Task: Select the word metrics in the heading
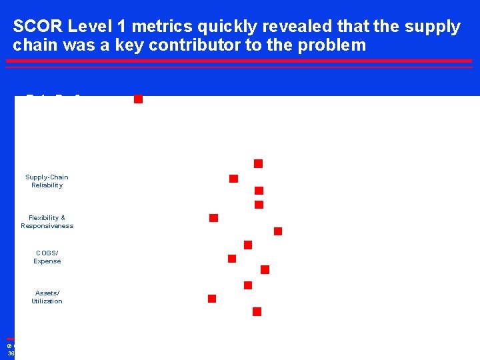(150, 27)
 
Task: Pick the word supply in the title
(435, 27)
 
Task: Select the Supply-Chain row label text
(47, 177)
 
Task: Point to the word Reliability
(47, 185)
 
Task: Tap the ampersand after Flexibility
(63, 218)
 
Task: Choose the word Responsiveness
(47, 226)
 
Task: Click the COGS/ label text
(47, 253)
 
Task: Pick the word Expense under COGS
(47, 261)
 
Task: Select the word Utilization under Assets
(47, 301)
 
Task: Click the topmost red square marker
(138, 99)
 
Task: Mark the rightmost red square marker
(278, 231)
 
